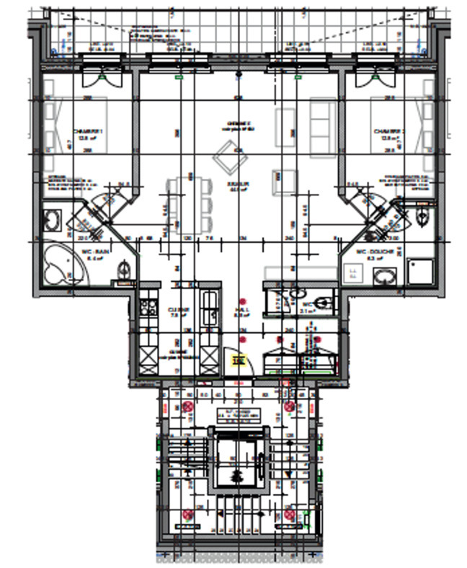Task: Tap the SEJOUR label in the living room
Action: (x=238, y=185)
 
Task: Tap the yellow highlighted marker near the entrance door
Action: (x=238, y=360)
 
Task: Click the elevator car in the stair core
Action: (x=237, y=457)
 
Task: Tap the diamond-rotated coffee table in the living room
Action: (x=229, y=156)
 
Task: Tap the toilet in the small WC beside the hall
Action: (x=324, y=301)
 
